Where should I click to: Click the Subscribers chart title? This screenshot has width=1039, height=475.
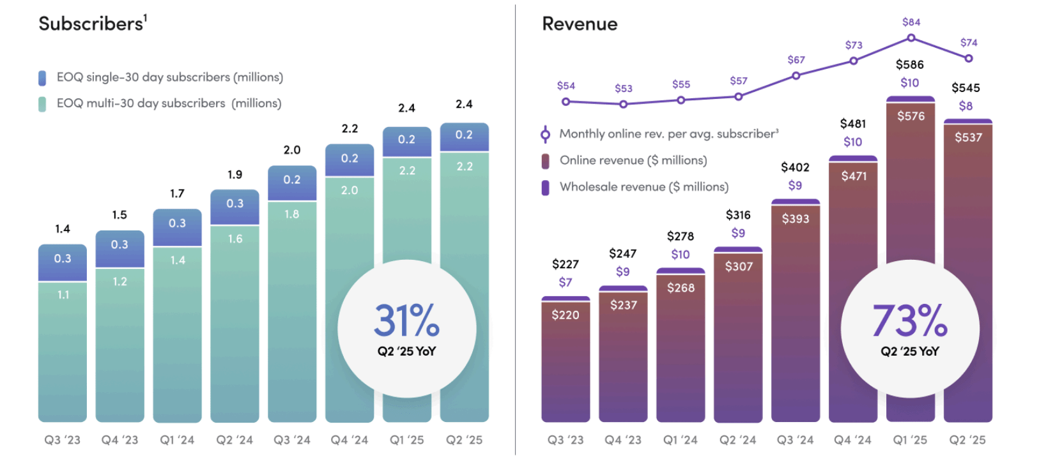click(91, 24)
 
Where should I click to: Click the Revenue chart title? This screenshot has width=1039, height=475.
click(579, 24)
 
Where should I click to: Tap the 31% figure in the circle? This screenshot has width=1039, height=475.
click(406, 320)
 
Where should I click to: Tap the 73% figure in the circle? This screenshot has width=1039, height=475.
click(909, 320)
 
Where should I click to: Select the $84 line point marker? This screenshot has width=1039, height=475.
click(911, 38)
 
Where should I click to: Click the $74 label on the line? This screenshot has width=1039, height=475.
click(968, 43)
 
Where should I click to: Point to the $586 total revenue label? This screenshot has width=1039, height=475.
click(909, 64)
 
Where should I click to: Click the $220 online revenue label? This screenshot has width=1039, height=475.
click(565, 315)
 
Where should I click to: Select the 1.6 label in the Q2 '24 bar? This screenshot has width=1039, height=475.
click(235, 239)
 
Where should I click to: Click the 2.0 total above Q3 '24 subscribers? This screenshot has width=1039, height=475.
click(292, 150)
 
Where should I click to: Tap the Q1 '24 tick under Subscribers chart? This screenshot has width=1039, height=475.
click(177, 440)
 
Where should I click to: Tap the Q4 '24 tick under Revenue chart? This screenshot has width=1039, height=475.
click(852, 440)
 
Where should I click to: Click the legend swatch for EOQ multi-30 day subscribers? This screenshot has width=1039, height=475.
click(42, 104)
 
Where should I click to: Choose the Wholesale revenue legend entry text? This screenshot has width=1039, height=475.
click(643, 187)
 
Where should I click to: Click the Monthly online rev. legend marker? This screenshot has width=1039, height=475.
click(545, 134)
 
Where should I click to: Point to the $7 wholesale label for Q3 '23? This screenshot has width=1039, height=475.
click(565, 282)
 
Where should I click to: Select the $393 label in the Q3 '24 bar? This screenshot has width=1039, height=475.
click(795, 219)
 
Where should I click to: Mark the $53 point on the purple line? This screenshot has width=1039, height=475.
click(623, 103)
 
